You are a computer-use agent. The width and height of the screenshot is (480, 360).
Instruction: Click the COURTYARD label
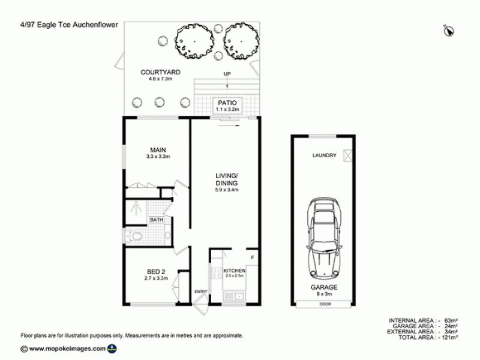click(161, 73)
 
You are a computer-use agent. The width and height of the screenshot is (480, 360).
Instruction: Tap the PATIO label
click(228, 103)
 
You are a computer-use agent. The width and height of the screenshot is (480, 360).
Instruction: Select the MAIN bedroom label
click(158, 149)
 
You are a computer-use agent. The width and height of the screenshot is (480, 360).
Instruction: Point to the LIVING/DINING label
click(227, 179)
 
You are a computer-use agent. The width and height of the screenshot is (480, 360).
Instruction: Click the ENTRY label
click(200, 292)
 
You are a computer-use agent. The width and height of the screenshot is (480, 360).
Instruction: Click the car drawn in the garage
click(323, 237)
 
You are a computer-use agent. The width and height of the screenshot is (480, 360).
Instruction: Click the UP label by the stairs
click(227, 74)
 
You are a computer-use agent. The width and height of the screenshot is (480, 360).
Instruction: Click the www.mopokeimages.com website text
click(66, 348)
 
